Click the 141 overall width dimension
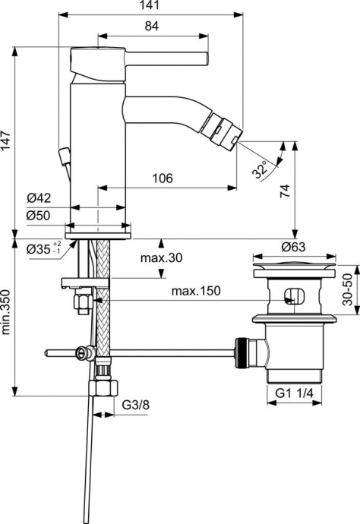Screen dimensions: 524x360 click(152, 6)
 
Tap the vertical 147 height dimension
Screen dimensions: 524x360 click(7, 141)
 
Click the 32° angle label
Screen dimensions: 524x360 click(260, 170)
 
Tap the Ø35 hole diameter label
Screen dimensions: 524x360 click(38, 248)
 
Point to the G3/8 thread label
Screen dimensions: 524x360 click(134, 405)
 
